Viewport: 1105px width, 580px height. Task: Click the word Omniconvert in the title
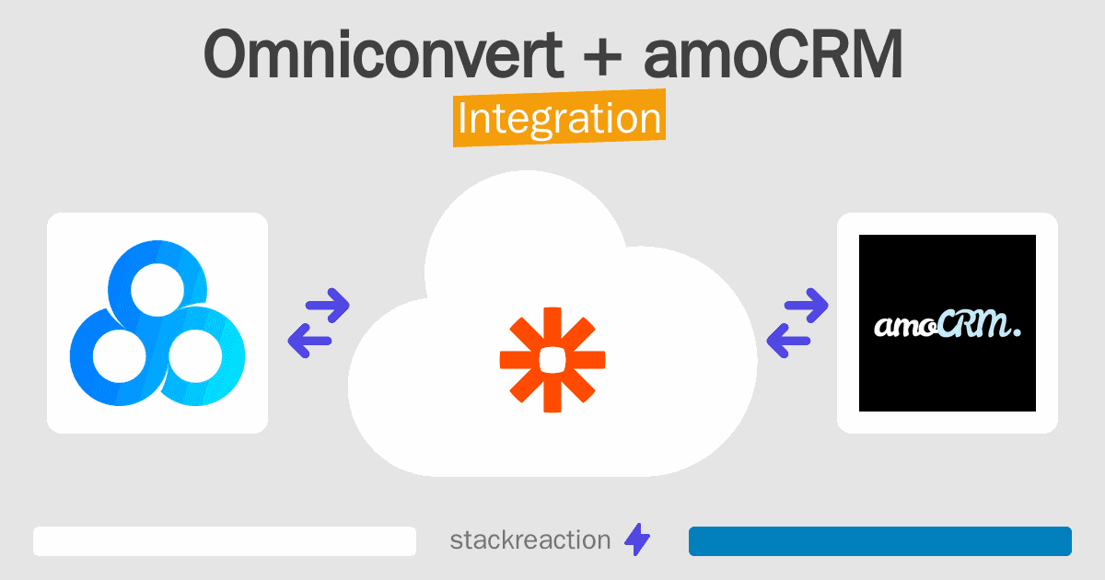coord(383,53)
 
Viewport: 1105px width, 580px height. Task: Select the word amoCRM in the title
coord(773,53)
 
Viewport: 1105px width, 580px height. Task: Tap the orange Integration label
coord(560,118)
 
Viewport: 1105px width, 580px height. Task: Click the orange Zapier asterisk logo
coord(552,360)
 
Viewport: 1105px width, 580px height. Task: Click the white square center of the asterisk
coord(552,360)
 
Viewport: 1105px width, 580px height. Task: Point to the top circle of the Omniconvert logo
coord(157,289)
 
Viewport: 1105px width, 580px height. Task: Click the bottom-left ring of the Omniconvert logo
coord(120,356)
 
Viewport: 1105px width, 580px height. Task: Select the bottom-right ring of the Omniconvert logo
coord(195,356)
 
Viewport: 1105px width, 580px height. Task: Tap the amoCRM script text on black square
coord(948,325)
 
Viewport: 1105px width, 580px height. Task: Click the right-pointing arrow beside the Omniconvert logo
coord(328,306)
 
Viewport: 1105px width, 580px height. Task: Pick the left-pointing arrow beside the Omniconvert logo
coord(309,341)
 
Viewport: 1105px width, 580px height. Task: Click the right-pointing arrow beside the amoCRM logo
coord(806,306)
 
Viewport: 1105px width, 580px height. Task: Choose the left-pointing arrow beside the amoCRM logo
coord(788,341)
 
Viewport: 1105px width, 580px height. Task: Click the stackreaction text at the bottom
coord(530,540)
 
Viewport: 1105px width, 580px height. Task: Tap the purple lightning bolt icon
coord(637,539)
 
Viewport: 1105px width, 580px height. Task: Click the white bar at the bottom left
coord(225,541)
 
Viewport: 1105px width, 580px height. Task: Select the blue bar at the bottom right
coord(880,541)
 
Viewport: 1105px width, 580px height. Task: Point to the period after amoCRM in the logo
coord(1017,332)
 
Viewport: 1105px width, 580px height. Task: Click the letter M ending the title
coord(875,53)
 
